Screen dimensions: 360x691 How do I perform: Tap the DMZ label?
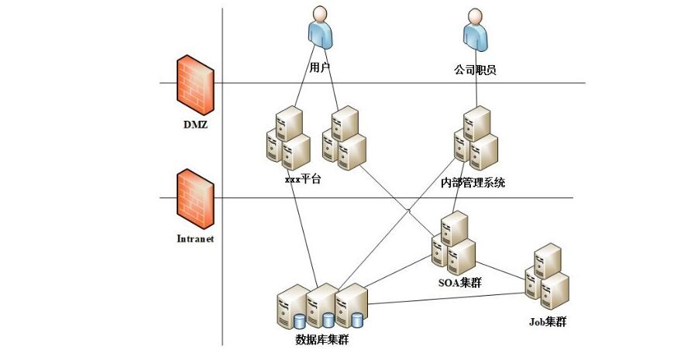[x=195, y=123]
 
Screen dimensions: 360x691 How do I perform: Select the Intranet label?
[x=194, y=239]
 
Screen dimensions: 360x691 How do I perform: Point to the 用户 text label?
[x=320, y=68]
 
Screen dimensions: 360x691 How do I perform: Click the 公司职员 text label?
[x=475, y=70]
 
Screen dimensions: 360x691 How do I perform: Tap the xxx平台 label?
[x=302, y=180]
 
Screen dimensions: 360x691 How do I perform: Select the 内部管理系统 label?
[x=473, y=183]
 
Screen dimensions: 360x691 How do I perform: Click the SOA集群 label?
[x=459, y=283]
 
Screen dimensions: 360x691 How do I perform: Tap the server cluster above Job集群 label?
[x=548, y=276]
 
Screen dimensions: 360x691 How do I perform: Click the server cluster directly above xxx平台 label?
[x=287, y=139]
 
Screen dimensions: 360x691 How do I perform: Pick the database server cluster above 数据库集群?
[x=321, y=306]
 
